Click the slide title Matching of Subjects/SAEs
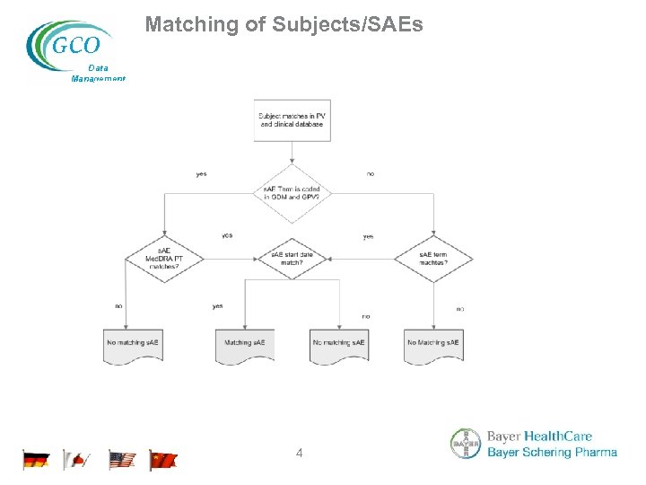(284, 24)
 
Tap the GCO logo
(69, 43)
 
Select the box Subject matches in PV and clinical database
(292, 120)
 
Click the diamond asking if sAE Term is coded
(292, 193)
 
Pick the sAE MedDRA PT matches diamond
(164, 259)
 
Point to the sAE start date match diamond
(292, 259)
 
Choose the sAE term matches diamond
(433, 259)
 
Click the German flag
(36, 461)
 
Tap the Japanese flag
(77, 461)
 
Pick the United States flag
(122, 461)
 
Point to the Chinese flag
(163, 461)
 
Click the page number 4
(300, 454)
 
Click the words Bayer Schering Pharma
(552, 453)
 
